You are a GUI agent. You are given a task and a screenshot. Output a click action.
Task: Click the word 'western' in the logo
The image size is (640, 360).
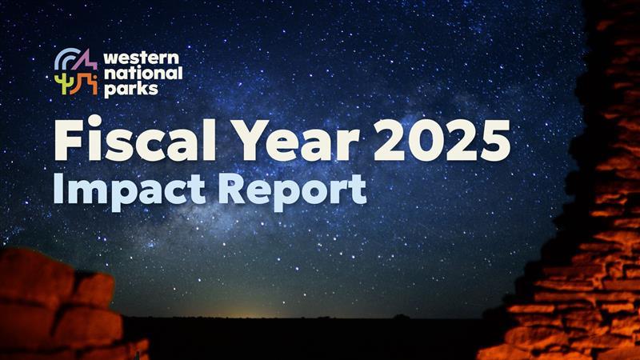pyautogui.click(x=142, y=58)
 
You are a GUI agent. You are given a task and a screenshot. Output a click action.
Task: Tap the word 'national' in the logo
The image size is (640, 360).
pyautogui.click(x=142, y=74)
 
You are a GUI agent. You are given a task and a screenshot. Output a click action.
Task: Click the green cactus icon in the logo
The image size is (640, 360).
pyautogui.click(x=62, y=82)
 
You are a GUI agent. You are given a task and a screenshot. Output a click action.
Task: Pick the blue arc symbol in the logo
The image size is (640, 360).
pyautogui.click(x=64, y=59)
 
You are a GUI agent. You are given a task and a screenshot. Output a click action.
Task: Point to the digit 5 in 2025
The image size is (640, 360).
pyautogui.click(x=494, y=142)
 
